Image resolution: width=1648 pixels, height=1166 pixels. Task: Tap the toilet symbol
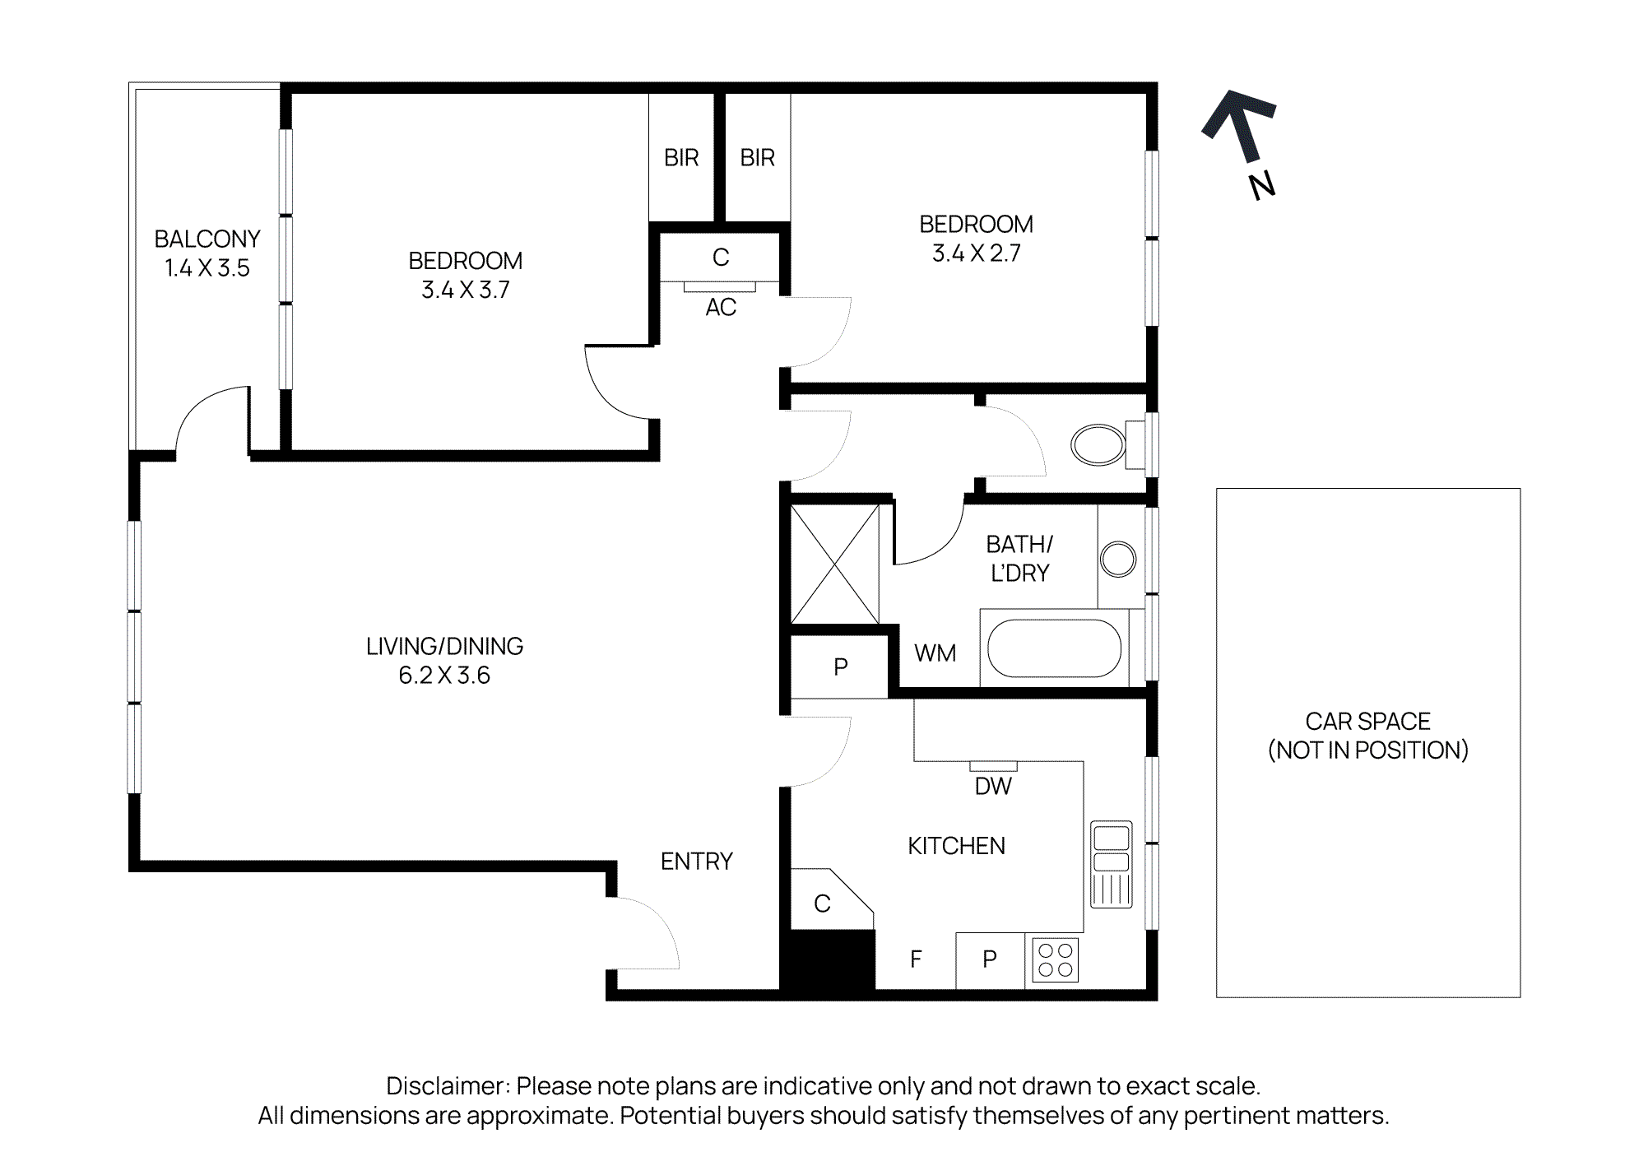(x=1099, y=445)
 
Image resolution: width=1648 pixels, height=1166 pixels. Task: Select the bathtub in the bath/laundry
(x=1054, y=648)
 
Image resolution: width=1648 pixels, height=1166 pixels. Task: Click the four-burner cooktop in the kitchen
(x=1055, y=959)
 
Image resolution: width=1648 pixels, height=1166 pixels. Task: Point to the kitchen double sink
(x=1111, y=863)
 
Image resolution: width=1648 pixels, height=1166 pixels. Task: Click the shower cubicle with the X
(x=835, y=564)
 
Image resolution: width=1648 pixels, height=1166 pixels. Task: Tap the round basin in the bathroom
(x=1118, y=560)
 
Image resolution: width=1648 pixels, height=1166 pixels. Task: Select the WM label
(x=935, y=653)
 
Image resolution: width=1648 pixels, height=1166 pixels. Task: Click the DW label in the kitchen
(x=993, y=787)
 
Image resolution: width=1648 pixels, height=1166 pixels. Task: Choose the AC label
(x=721, y=308)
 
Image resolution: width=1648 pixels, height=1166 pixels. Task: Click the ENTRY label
(x=696, y=862)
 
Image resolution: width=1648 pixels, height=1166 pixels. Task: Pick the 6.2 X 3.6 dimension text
(x=444, y=676)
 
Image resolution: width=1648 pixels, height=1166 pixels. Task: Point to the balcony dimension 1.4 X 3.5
(x=207, y=268)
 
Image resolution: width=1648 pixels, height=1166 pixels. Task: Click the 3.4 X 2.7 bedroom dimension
(x=976, y=253)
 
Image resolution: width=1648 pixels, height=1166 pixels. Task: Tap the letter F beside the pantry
(x=916, y=959)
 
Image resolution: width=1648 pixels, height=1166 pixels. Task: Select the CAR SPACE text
(x=1367, y=722)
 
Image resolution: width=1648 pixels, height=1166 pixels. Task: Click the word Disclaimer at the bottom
(x=448, y=1086)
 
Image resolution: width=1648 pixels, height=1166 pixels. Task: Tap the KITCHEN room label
(x=956, y=846)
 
